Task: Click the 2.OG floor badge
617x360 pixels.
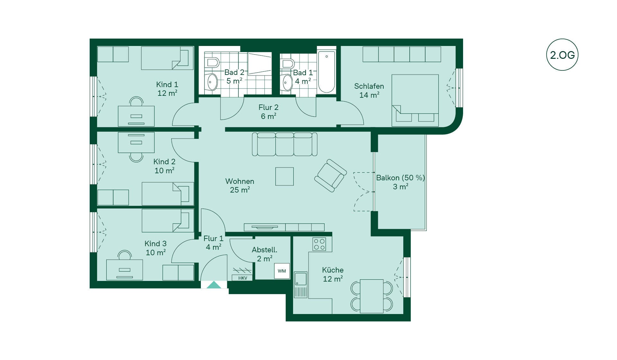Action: pyautogui.click(x=562, y=55)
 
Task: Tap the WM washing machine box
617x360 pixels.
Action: pyautogui.click(x=282, y=271)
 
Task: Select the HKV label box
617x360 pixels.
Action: pyautogui.click(x=243, y=278)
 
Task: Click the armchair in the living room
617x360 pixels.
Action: pyautogui.click(x=330, y=175)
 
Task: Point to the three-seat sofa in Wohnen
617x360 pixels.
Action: pyautogui.click(x=285, y=144)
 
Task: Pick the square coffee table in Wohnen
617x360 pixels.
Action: pyautogui.click(x=284, y=176)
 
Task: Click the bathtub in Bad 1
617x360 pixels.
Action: pyautogui.click(x=326, y=72)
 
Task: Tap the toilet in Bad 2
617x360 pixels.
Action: pyautogui.click(x=212, y=62)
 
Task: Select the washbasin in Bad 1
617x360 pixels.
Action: pyautogui.click(x=287, y=82)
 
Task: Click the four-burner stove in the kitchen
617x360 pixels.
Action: pyautogui.click(x=319, y=244)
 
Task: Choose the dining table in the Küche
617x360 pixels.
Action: pyautogui.click(x=371, y=296)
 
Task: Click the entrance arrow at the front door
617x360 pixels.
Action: pyautogui.click(x=214, y=285)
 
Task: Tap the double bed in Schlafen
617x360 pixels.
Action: pyautogui.click(x=415, y=101)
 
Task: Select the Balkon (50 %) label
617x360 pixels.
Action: pyautogui.click(x=400, y=178)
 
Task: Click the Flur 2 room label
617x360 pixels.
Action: pyautogui.click(x=268, y=107)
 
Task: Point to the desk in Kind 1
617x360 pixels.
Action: pyautogui.click(x=136, y=116)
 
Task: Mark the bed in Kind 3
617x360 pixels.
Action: pyautogui.click(x=168, y=221)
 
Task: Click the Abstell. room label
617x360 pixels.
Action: pyautogui.click(x=264, y=250)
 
